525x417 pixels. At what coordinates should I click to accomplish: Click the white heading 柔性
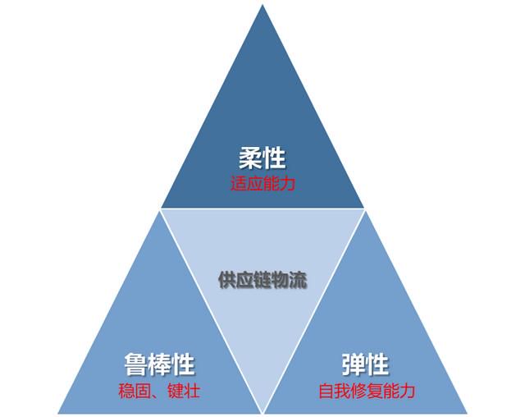pos(262,158)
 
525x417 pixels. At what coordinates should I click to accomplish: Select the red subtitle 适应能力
pos(262,184)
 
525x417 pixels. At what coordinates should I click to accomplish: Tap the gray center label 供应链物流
pos(262,280)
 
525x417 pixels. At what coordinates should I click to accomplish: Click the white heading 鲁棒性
pos(159,364)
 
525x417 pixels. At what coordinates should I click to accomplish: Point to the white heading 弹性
pos(365,364)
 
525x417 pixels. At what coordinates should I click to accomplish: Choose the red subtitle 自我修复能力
pos(367,391)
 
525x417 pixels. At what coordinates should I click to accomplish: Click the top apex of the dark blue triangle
pos(262,5)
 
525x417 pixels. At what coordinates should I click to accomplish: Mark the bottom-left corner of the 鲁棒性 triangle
pos(58,413)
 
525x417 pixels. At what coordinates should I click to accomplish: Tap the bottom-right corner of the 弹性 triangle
pos(467,413)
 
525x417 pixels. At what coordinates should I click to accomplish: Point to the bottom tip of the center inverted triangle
pos(262,413)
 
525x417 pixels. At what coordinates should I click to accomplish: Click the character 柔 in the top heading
pos(250,158)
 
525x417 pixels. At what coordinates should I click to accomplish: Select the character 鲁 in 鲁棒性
pos(136,364)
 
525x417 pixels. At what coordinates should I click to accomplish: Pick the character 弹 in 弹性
pos(354,364)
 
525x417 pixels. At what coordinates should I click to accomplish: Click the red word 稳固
pos(135,391)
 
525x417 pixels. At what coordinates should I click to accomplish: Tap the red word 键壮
pos(184,391)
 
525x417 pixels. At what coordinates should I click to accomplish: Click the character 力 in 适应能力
pos(288,184)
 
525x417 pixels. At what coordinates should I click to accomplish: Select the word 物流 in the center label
pos(290,280)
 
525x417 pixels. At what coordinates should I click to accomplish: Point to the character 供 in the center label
pos(227,280)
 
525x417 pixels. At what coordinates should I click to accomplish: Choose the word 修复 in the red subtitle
pos(367,391)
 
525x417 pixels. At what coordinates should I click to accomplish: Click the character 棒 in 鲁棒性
pos(159,364)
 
